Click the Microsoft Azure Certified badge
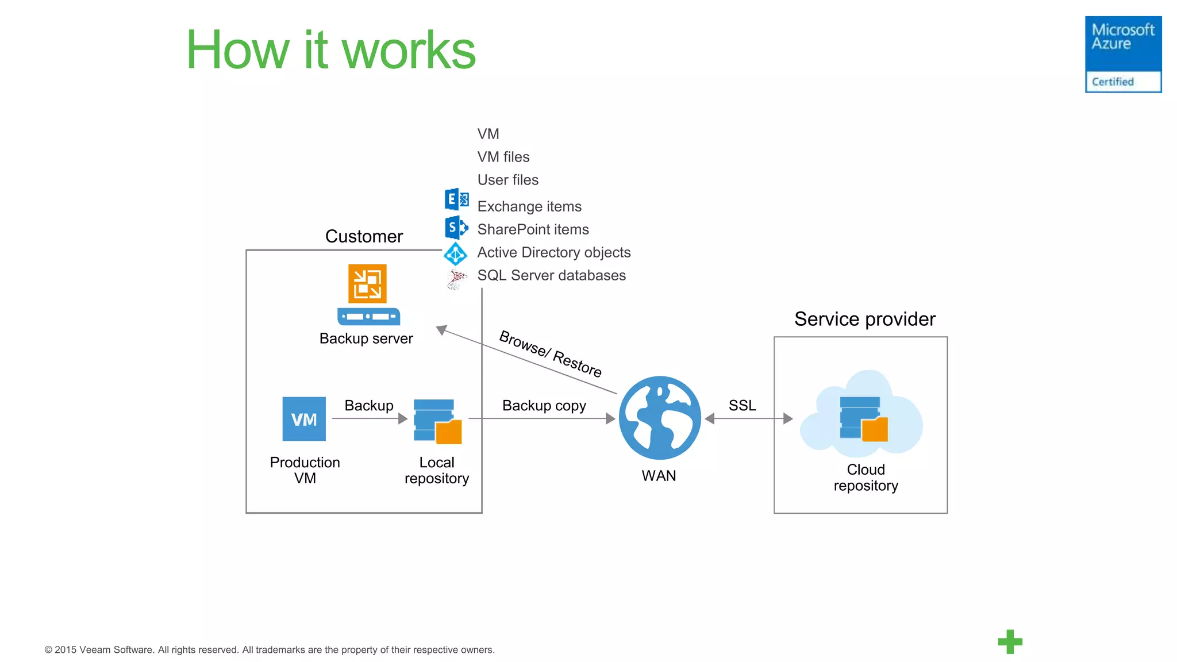click(x=1122, y=54)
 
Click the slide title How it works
click(x=330, y=51)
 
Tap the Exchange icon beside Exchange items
click(x=456, y=199)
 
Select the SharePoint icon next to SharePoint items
click(x=456, y=228)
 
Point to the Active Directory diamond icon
click(x=456, y=253)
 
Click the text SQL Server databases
click(x=551, y=275)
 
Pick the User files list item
click(x=507, y=180)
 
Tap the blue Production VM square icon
click(x=304, y=419)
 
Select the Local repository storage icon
click(x=437, y=422)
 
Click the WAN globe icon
click(x=660, y=418)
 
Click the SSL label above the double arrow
click(x=742, y=405)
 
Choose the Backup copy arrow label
click(x=544, y=406)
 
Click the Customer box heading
click(x=364, y=236)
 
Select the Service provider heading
click(x=864, y=319)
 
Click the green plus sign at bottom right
click(x=1010, y=642)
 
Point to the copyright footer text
click(x=269, y=650)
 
